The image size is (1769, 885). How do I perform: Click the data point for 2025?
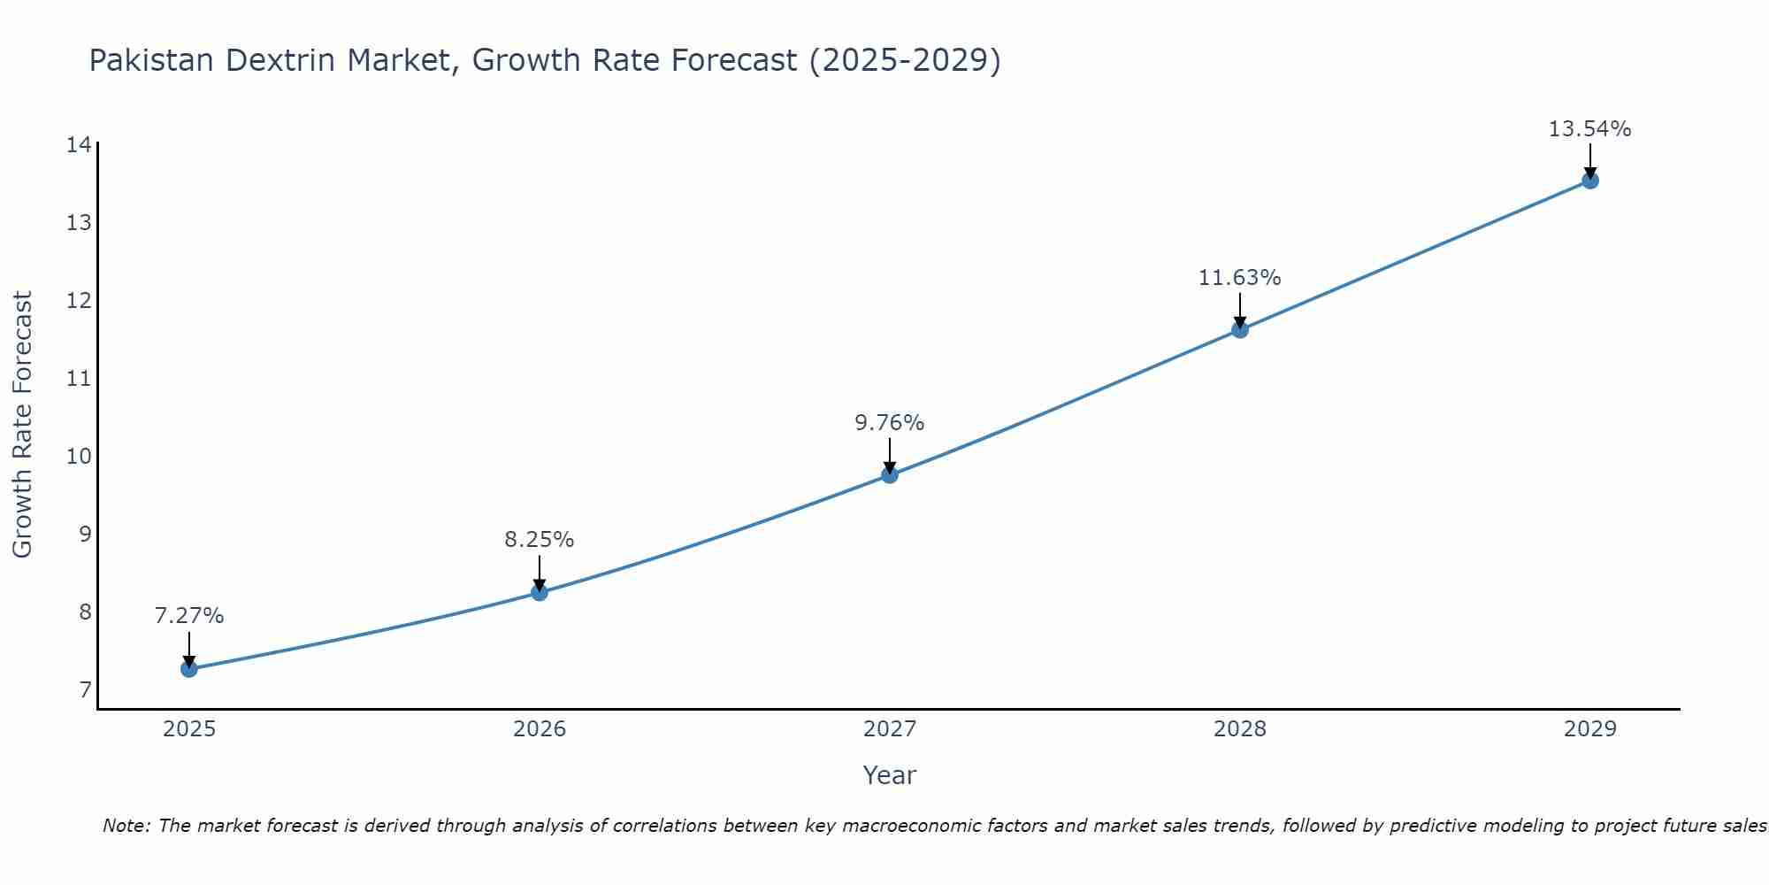pyautogui.click(x=189, y=668)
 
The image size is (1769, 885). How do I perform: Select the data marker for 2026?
pyautogui.click(x=540, y=592)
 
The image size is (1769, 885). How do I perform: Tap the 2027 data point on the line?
pyautogui.click(x=890, y=474)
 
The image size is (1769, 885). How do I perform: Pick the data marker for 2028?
pyautogui.click(x=1240, y=329)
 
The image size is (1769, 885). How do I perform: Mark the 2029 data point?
pyautogui.click(x=1589, y=181)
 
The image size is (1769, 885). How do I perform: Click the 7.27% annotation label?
pyautogui.click(x=189, y=616)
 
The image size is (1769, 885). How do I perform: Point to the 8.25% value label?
pyautogui.click(x=540, y=540)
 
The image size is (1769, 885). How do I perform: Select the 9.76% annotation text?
pyautogui.click(x=890, y=423)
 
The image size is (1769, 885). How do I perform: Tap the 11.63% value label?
pyautogui.click(x=1240, y=278)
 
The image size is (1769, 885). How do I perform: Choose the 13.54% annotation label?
pyautogui.click(x=1589, y=129)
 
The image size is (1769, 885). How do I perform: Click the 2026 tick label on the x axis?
pyautogui.click(x=540, y=729)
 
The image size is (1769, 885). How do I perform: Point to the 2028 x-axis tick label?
pyautogui.click(x=1240, y=729)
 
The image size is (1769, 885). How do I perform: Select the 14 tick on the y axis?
pyautogui.click(x=79, y=144)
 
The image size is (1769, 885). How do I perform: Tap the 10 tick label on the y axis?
pyautogui.click(x=79, y=457)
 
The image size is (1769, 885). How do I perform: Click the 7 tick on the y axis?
pyautogui.click(x=85, y=690)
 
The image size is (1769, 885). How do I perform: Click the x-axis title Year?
pyautogui.click(x=890, y=775)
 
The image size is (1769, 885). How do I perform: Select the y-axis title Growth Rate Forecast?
pyautogui.click(x=22, y=425)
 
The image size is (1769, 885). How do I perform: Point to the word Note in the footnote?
pyautogui.click(x=126, y=826)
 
